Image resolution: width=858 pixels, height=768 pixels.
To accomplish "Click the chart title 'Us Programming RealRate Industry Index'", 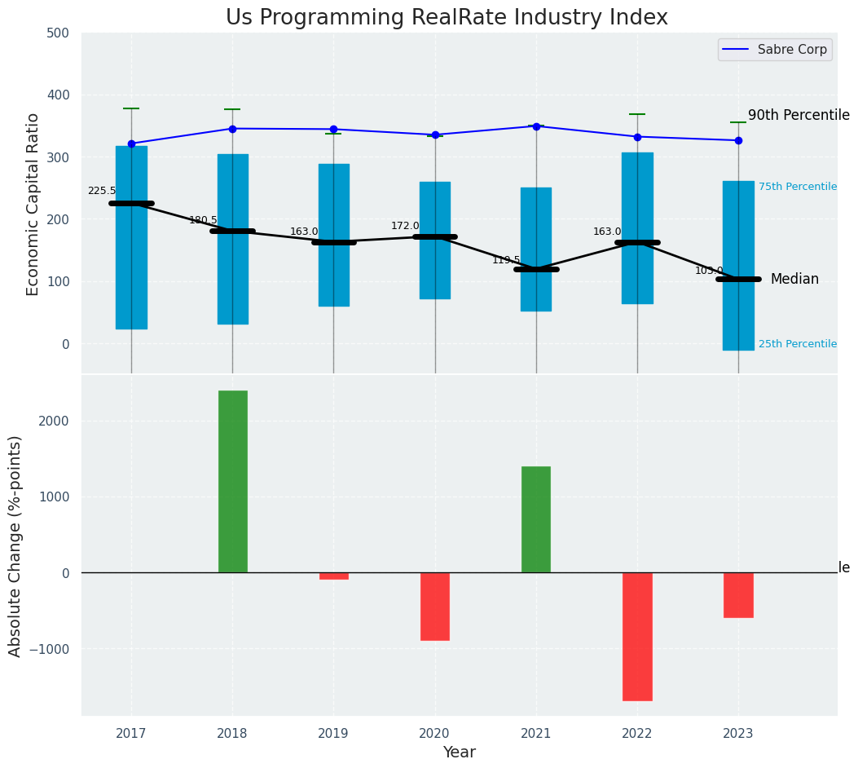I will tap(447, 18).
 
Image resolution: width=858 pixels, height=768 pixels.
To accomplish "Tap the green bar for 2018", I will tap(232, 481).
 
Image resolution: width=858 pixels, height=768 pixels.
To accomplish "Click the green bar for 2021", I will tap(536, 519).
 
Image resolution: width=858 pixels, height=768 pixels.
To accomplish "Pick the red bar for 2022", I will tap(637, 636).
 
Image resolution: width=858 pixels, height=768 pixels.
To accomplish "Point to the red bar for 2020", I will tap(435, 606).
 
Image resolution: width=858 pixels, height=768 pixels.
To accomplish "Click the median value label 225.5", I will tap(102, 191).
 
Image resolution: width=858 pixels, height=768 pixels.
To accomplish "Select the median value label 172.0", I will tap(405, 226).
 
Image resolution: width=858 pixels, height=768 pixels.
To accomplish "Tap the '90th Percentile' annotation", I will tap(799, 116).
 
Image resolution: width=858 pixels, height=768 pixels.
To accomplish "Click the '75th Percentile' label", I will tap(798, 187).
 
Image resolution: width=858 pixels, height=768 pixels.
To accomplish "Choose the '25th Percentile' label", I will tap(798, 344).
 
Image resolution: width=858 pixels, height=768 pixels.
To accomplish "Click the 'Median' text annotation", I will tap(794, 280).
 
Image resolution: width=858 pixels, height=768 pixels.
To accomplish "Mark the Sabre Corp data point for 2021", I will tap(536, 126).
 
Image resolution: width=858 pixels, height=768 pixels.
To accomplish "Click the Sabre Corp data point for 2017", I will tap(131, 143).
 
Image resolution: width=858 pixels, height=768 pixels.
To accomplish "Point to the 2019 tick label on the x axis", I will tap(333, 734).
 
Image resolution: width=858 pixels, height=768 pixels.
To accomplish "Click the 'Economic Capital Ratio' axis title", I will tap(33, 204).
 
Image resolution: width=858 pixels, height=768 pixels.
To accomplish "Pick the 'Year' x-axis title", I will tap(460, 753).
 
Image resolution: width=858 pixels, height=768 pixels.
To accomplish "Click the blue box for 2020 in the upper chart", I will tap(435, 241).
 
